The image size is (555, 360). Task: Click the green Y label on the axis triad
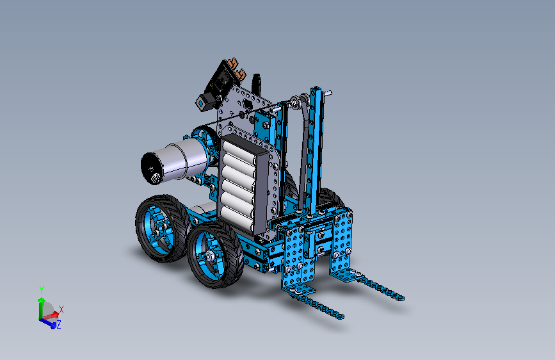[42, 290]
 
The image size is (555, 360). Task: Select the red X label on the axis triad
[61, 309]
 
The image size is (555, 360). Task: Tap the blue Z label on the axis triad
[59, 324]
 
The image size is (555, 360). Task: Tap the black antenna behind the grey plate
[256, 83]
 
